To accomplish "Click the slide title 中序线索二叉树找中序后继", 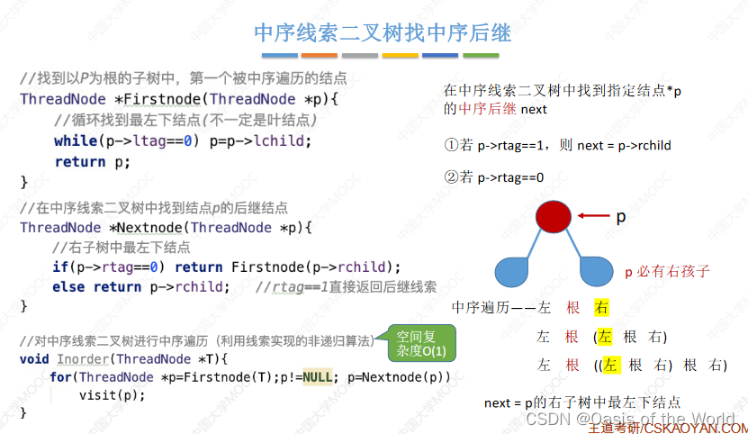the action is point(383,33).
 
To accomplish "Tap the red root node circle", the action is point(553,217).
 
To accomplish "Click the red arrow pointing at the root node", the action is point(593,216).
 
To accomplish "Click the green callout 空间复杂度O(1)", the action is point(420,342).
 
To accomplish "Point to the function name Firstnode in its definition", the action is point(162,99).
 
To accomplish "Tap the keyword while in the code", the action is point(76,140).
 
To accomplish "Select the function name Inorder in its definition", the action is point(83,358).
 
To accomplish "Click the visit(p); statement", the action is point(112,394).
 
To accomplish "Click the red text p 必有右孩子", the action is point(667,271).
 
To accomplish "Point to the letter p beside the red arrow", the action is point(620,217).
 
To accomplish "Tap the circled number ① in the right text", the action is point(452,145).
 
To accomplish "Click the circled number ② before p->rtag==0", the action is point(452,177).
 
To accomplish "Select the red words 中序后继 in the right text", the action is point(487,109).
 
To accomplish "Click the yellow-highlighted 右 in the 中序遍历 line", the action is point(601,308).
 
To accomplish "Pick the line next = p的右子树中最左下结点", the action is point(581,402).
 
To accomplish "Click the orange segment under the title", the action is point(400,56).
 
